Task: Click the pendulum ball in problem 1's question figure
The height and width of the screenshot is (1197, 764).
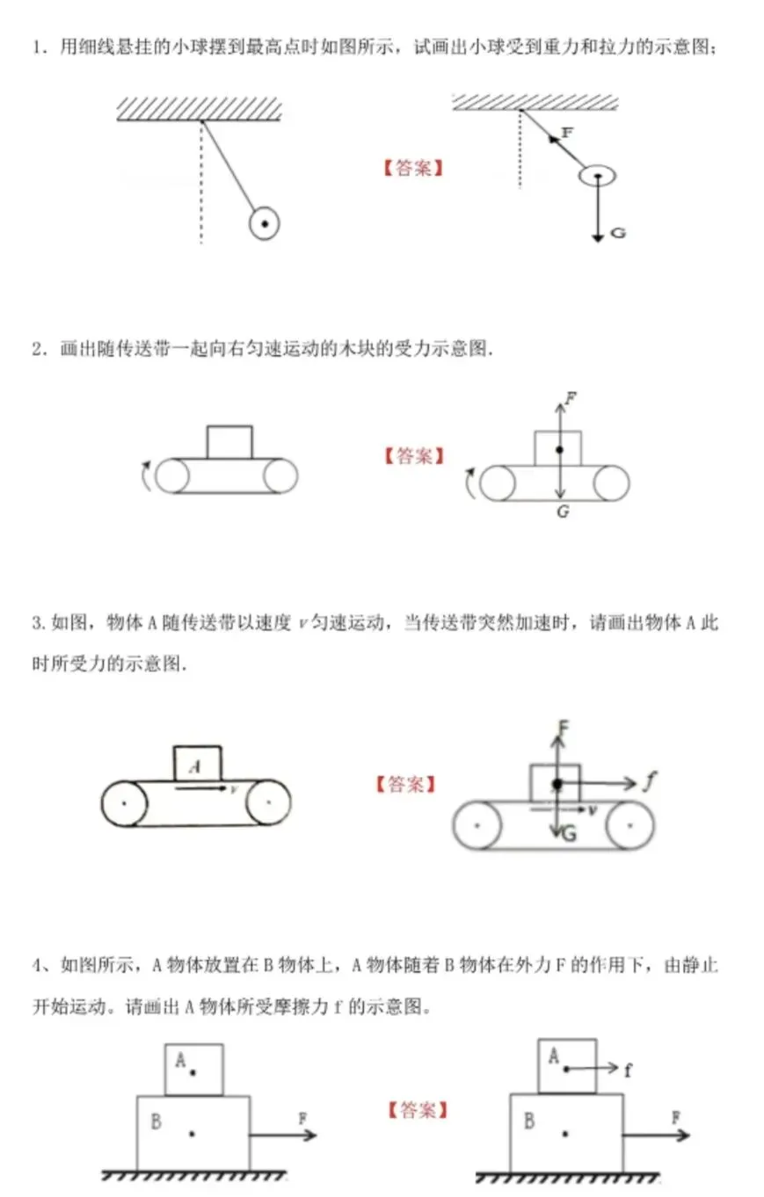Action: tap(264, 224)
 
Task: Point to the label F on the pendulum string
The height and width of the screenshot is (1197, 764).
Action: tap(566, 133)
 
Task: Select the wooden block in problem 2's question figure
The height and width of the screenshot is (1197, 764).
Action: tap(229, 442)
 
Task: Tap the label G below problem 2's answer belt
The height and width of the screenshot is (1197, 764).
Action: tap(562, 511)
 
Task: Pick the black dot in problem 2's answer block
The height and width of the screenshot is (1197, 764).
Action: tap(559, 450)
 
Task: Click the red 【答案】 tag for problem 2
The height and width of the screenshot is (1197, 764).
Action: tap(413, 456)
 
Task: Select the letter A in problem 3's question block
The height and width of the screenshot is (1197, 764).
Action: tap(195, 765)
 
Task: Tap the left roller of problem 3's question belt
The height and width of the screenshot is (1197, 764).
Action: tap(124, 803)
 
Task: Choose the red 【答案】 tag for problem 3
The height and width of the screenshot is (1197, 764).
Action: tap(404, 784)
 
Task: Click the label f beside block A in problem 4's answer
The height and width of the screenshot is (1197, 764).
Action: tap(628, 1070)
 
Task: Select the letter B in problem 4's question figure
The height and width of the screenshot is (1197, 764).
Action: tap(156, 1121)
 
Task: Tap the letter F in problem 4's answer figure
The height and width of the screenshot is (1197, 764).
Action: tap(676, 1118)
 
